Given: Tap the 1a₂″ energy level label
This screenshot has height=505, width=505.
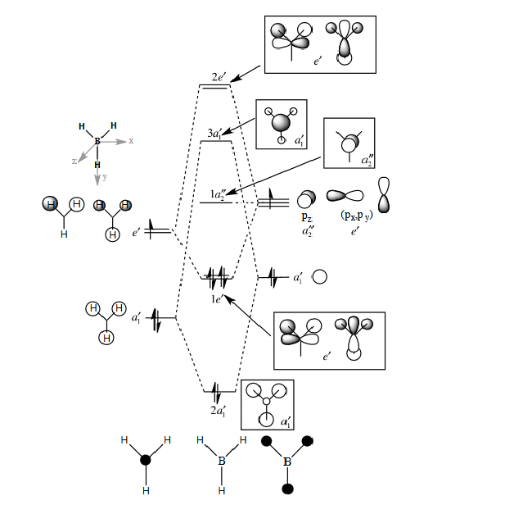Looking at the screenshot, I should [219, 194].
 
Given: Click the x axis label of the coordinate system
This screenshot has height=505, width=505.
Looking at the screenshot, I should [131, 141].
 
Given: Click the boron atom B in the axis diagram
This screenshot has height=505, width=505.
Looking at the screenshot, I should [97, 141].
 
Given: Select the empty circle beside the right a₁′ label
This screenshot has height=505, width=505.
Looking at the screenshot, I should [320, 277].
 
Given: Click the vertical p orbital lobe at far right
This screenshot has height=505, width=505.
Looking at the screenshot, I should [383, 195].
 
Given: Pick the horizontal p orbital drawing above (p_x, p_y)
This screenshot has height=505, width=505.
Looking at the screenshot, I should [345, 196].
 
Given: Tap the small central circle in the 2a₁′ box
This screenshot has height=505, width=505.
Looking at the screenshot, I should [266, 401].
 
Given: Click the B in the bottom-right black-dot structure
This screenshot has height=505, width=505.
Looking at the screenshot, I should [287, 462].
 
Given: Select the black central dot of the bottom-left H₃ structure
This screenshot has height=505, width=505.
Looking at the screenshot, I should [146, 461].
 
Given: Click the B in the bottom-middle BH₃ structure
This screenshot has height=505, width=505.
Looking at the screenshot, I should [221, 462].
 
